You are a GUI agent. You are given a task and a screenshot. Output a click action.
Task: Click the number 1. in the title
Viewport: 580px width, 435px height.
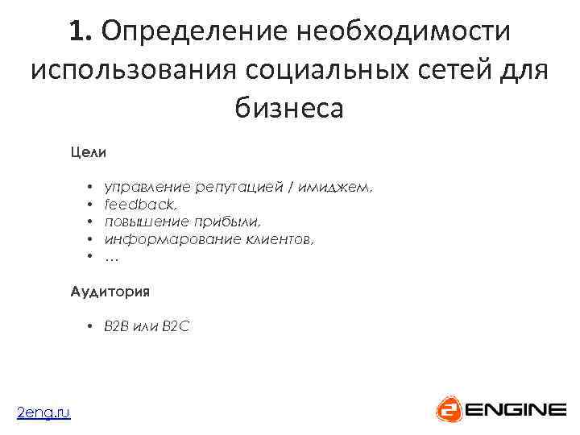[x=81, y=32]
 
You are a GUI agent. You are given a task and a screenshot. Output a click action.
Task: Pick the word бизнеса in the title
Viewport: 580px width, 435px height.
[x=289, y=107]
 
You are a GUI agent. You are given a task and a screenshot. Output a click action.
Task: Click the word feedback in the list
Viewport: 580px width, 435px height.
[x=134, y=205]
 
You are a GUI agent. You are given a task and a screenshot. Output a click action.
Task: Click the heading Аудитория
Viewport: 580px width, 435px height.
[x=110, y=291]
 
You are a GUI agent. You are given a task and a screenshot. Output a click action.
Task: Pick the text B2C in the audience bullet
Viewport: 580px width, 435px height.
[x=176, y=326]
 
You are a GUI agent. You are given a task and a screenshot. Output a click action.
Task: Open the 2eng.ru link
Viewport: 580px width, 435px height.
[x=43, y=412]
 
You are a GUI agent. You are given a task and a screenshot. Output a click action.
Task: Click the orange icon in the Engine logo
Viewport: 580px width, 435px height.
[x=449, y=409]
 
